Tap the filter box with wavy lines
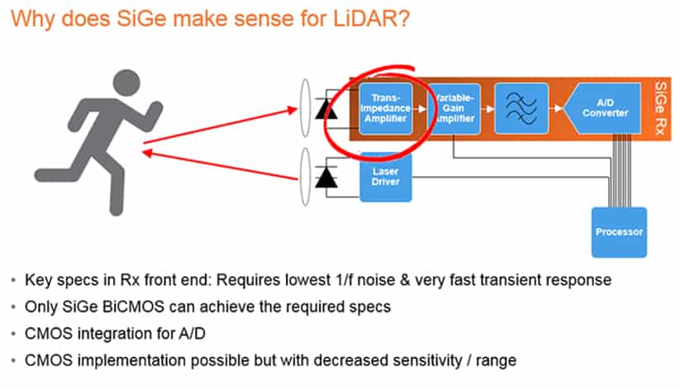click(x=521, y=107)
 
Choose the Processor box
click(x=619, y=232)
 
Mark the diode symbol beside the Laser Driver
click(x=329, y=177)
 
